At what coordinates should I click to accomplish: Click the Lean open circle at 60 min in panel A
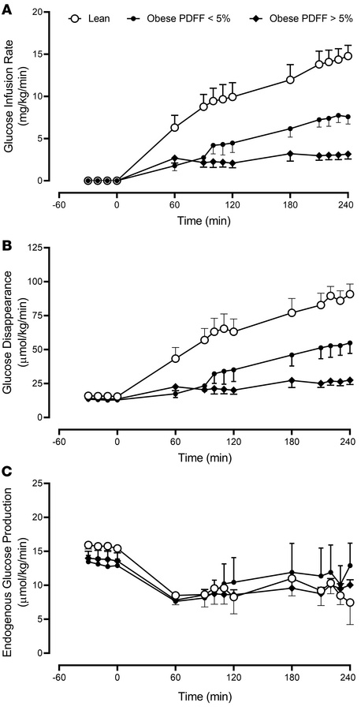coord(175,128)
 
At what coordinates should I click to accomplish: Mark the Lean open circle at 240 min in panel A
coord(348,56)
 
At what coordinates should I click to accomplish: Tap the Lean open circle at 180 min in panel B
coord(291,312)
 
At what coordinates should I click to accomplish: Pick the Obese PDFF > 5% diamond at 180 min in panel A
coord(291,154)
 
